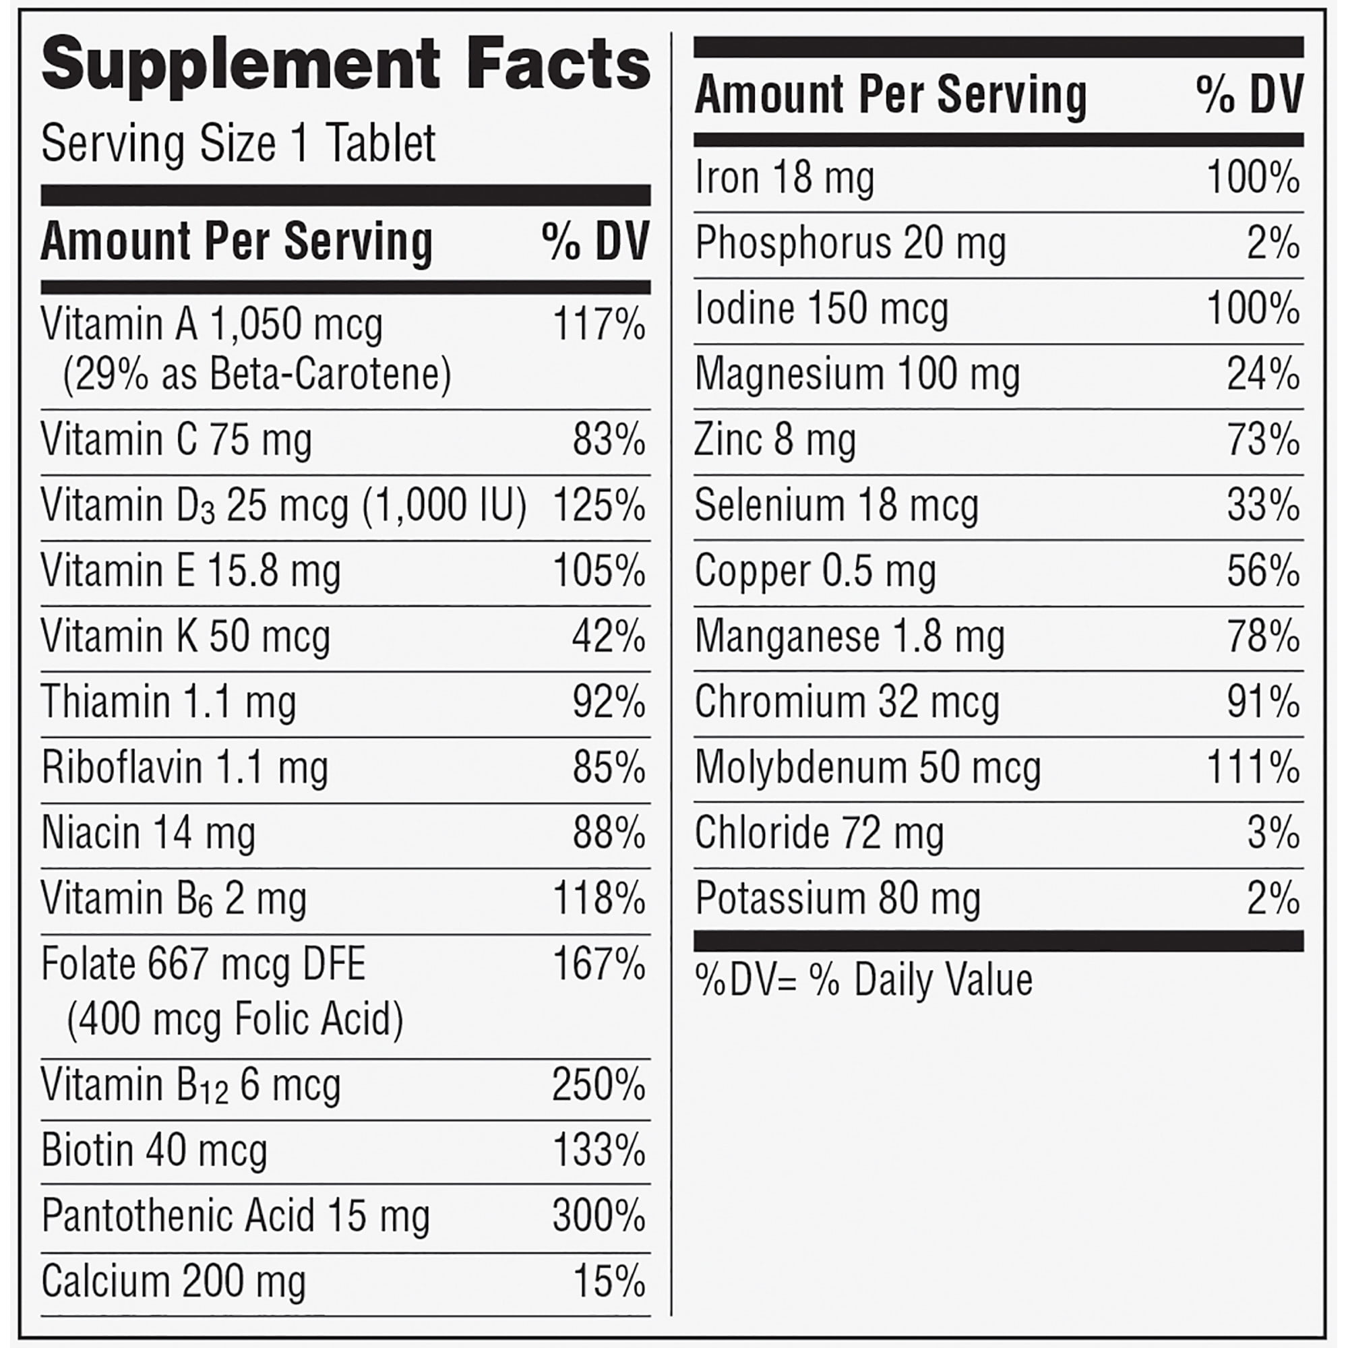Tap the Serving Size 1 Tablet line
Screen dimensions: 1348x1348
238,144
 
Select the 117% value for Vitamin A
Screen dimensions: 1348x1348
599,324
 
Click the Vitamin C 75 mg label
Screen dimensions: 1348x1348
176,440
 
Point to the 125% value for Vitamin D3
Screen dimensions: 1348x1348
599,505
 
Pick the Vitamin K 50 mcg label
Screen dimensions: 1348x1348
185,637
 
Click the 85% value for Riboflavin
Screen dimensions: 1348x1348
609,768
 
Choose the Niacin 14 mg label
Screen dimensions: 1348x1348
148,833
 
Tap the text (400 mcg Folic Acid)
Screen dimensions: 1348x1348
235,1019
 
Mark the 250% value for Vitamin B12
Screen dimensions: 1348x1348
599,1085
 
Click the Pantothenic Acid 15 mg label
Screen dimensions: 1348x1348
235,1216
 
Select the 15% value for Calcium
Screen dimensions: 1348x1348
609,1282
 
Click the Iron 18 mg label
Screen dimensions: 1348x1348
784,177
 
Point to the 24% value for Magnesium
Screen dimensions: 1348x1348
1263,375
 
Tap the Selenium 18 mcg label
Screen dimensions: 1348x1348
836,505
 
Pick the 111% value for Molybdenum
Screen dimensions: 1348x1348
1253,768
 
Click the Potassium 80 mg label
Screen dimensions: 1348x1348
837,898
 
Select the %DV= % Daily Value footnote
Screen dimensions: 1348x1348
863,980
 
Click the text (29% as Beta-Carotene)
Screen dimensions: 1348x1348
257,375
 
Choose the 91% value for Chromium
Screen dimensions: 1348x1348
1263,702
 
